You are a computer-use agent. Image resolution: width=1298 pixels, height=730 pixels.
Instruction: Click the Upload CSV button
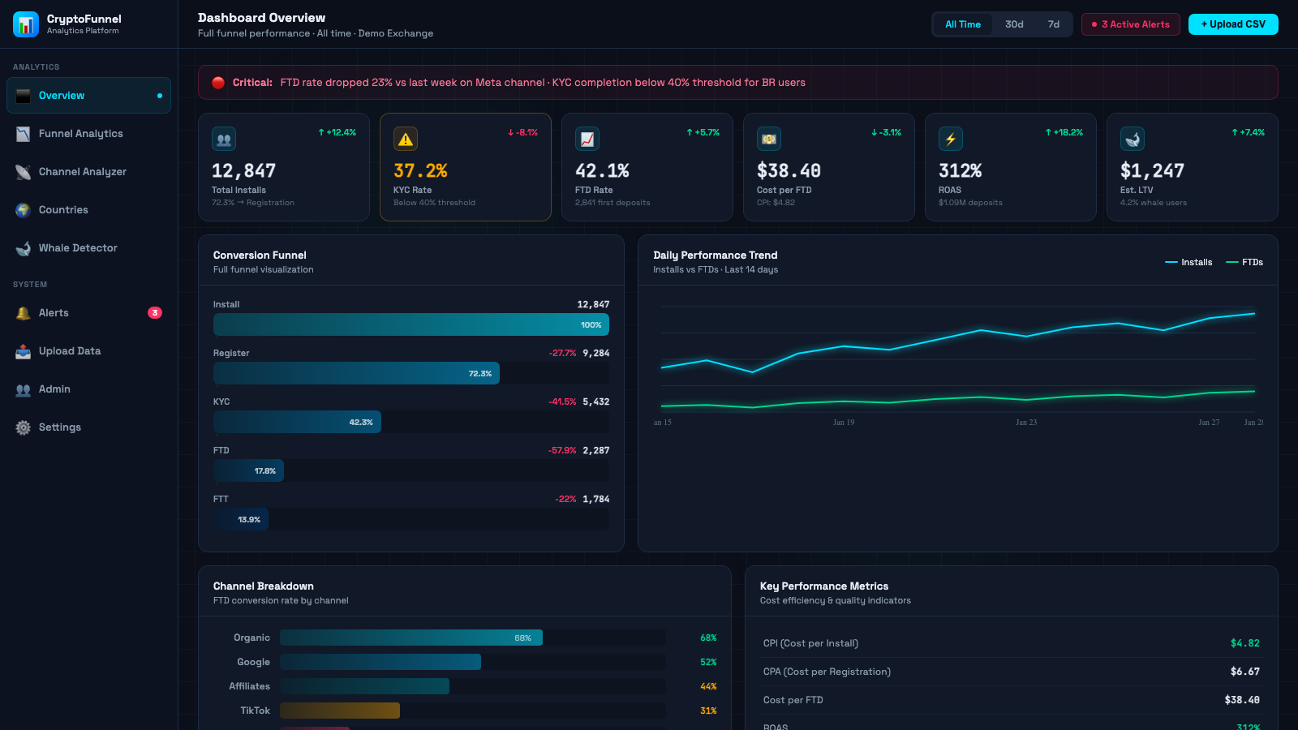point(1232,24)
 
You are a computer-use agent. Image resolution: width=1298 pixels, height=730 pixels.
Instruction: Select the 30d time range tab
point(1014,24)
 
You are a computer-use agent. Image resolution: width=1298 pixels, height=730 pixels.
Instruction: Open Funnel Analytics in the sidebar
point(81,134)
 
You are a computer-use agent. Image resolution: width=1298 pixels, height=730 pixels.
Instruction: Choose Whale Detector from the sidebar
point(78,248)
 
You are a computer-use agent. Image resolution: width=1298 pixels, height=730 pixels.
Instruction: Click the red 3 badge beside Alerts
point(155,313)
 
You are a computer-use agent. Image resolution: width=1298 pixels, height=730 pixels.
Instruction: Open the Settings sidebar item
point(60,427)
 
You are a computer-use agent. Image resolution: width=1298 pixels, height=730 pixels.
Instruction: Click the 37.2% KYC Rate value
point(420,171)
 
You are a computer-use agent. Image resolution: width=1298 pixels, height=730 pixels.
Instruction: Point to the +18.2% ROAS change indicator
point(1064,132)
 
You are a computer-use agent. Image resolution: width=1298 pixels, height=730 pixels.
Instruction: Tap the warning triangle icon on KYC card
point(406,140)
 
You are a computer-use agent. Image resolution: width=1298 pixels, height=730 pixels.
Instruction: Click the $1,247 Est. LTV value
point(1152,171)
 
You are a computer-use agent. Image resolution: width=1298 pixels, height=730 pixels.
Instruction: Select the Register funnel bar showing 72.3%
point(356,373)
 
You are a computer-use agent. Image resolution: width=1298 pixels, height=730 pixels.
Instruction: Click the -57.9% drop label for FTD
point(562,450)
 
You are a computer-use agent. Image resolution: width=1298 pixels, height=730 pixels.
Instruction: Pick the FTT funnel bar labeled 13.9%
point(241,519)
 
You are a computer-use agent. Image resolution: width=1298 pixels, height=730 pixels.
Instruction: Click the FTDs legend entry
point(1245,262)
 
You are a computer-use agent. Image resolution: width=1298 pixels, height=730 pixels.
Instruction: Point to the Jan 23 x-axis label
point(1026,423)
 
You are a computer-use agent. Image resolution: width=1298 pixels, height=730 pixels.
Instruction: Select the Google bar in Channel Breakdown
point(380,662)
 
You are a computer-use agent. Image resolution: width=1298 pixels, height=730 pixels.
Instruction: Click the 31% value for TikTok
point(708,711)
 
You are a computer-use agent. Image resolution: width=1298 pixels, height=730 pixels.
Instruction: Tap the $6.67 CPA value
point(1244,672)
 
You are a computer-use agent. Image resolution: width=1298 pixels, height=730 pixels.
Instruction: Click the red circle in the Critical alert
point(218,83)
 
